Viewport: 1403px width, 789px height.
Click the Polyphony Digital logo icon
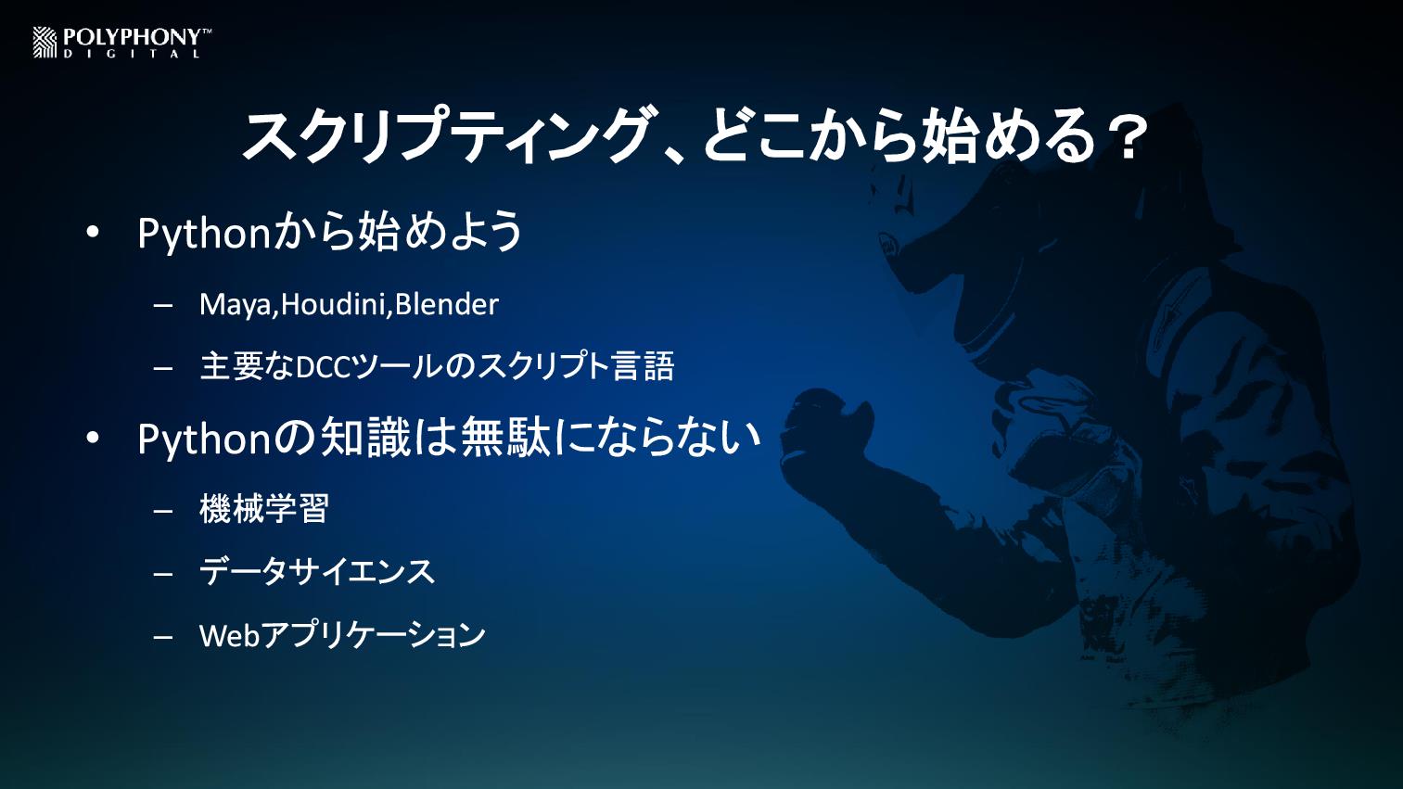[x=45, y=43]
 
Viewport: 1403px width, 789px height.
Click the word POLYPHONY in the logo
[x=133, y=38]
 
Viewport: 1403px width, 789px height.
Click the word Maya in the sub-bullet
[x=236, y=306]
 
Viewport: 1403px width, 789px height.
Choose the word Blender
[x=447, y=304]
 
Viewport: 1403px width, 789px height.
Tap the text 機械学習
[x=263, y=508]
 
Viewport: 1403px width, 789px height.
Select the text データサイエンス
[x=317, y=572]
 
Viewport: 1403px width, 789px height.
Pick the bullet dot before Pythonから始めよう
[x=93, y=233]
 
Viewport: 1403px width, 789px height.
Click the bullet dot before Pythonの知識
[x=93, y=439]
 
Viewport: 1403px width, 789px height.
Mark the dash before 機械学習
[x=162, y=511]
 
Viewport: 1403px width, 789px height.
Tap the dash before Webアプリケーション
[x=162, y=637]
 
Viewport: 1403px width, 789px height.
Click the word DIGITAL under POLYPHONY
[x=132, y=55]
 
